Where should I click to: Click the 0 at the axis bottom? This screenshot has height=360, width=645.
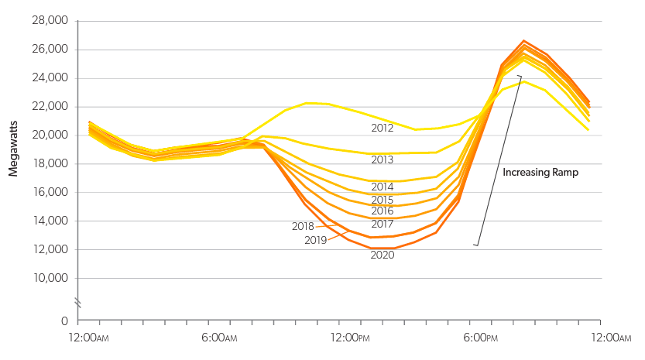click(x=63, y=321)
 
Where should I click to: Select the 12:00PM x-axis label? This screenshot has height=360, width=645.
click(x=350, y=338)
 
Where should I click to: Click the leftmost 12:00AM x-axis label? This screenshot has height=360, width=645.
click(x=88, y=338)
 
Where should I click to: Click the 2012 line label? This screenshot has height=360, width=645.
click(x=383, y=128)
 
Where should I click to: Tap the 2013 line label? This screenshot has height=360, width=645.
click(x=383, y=159)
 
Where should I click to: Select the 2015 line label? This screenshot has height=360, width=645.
click(x=383, y=200)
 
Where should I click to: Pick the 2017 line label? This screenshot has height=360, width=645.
click(x=383, y=224)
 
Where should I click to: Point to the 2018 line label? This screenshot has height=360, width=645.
click(x=303, y=227)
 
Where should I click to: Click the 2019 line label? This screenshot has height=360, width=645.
click(x=315, y=240)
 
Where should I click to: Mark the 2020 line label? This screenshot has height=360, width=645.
click(x=383, y=255)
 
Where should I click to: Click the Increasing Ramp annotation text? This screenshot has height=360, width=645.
click(x=540, y=173)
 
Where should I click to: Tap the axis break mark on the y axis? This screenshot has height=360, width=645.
click(x=77, y=301)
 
